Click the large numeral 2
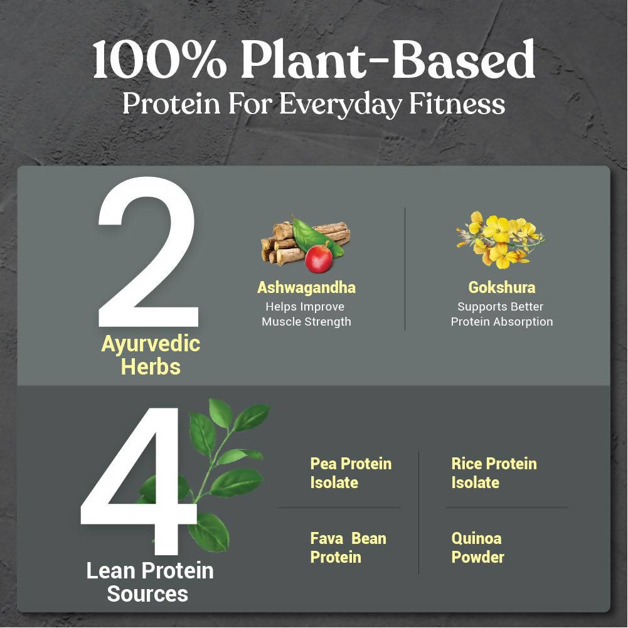click(x=148, y=251)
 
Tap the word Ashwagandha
click(x=306, y=287)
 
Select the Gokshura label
click(x=502, y=287)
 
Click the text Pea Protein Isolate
click(x=350, y=473)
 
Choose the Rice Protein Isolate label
click(x=494, y=473)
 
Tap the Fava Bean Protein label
click(x=348, y=548)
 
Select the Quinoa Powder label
click(x=477, y=548)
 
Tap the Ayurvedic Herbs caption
click(x=151, y=355)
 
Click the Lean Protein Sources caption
click(x=149, y=582)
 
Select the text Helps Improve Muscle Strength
click(x=306, y=314)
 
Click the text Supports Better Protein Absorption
click(x=502, y=314)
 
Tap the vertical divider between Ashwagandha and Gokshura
click(x=405, y=269)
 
